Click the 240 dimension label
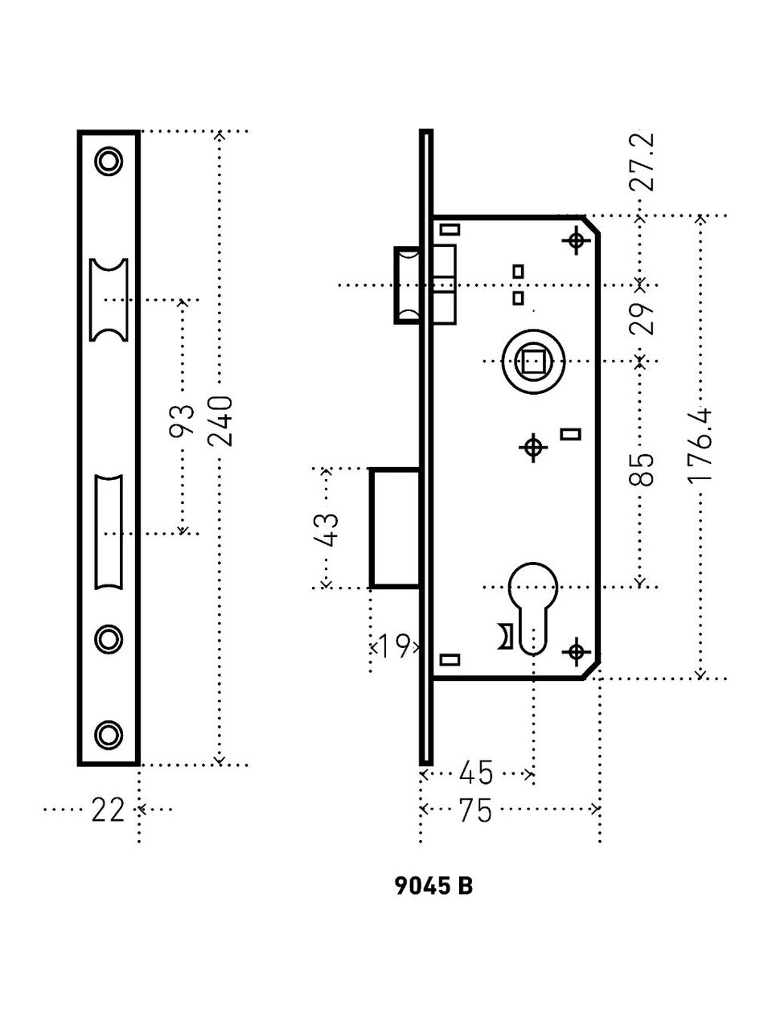[x=220, y=420]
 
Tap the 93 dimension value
[x=183, y=420]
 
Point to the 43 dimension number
[x=327, y=528]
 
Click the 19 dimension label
[x=394, y=646]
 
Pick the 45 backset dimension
[x=475, y=773]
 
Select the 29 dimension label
[x=641, y=318]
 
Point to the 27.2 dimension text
[x=641, y=161]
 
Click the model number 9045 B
[x=434, y=887]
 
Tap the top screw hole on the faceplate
[x=108, y=161]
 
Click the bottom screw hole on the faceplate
[x=108, y=733]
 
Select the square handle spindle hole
[x=532, y=363]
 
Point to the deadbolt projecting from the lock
[x=394, y=528]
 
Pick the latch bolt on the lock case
[x=408, y=285]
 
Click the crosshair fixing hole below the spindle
[x=532, y=448]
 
